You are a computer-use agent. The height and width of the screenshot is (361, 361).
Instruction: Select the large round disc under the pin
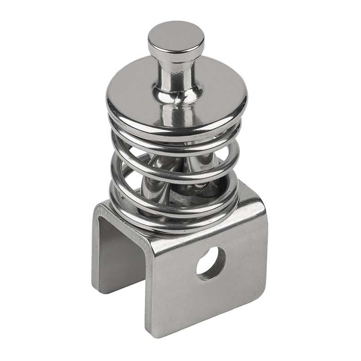coord(217,95)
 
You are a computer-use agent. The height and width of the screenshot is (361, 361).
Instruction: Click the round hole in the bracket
coord(211,262)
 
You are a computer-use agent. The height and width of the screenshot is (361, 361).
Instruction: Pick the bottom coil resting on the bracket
coord(176,221)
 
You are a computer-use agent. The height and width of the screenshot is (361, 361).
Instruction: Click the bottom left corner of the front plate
coord(152,337)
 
